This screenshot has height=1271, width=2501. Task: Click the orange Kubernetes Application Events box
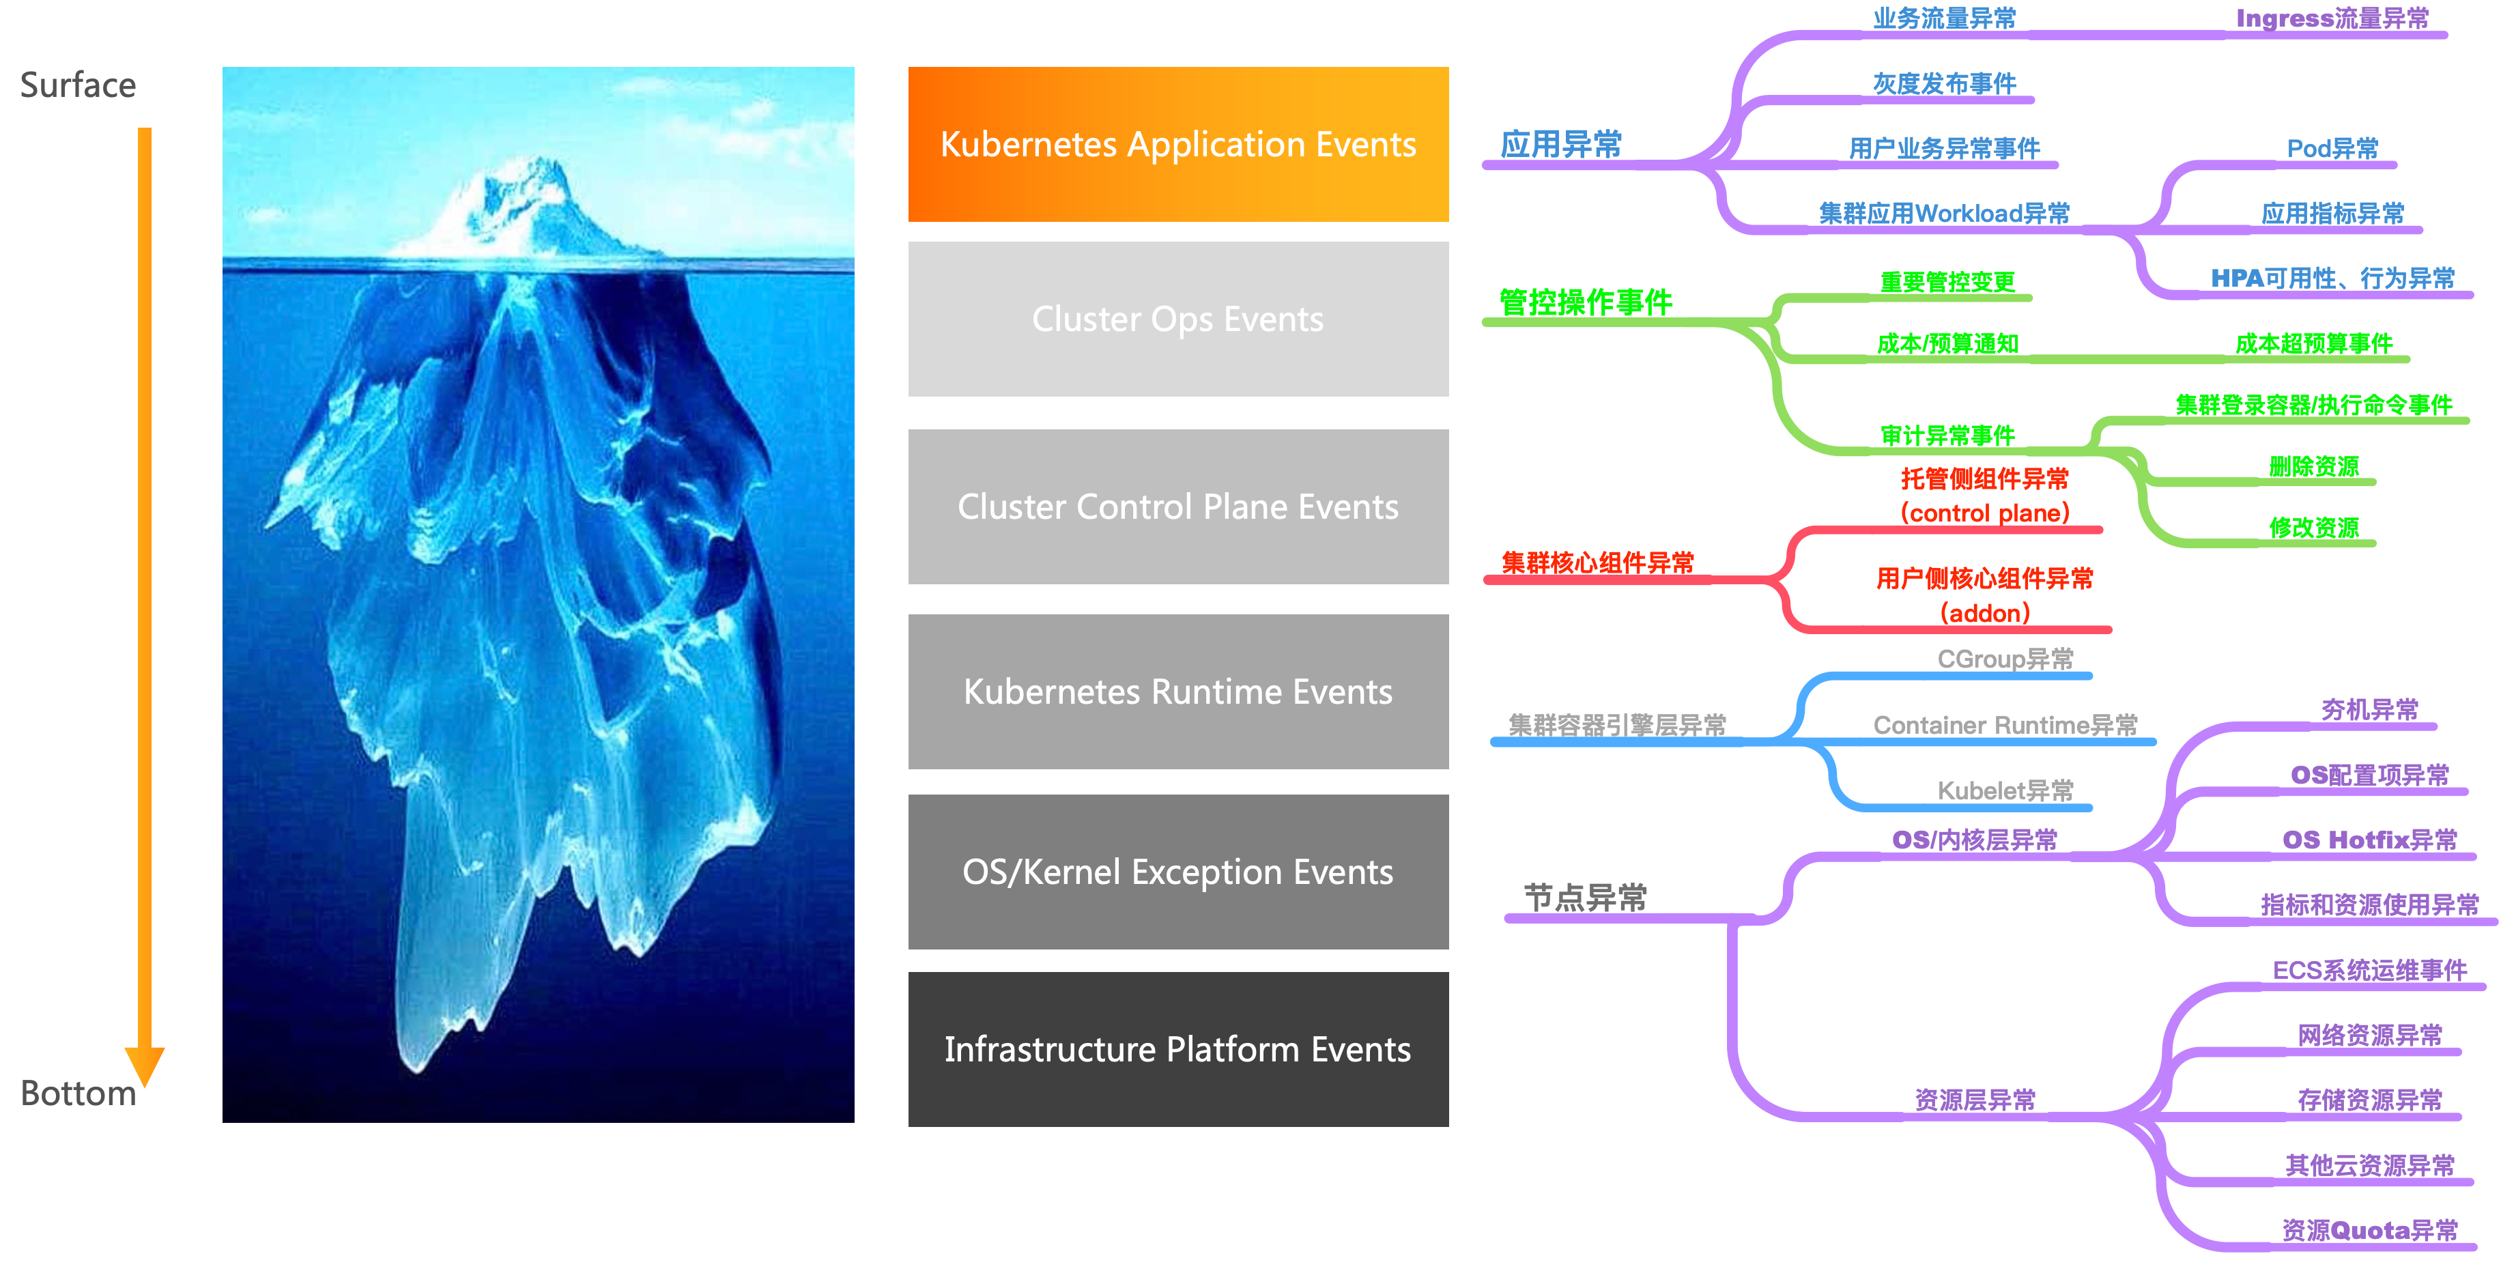[x=1177, y=144]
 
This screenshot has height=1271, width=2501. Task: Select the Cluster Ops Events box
[x=1177, y=319]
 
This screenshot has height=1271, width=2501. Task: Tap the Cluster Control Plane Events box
[x=1177, y=506]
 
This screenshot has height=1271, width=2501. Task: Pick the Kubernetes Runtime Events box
[x=1177, y=691]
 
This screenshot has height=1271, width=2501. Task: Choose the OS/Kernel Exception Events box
[x=1177, y=872]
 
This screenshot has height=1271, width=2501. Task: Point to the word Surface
[x=78, y=85]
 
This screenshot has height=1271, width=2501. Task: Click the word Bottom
[x=78, y=1094]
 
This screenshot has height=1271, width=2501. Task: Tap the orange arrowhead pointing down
[x=145, y=1065]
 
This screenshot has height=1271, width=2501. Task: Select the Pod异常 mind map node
[x=2332, y=149]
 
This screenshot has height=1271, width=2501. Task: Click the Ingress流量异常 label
[x=2332, y=18]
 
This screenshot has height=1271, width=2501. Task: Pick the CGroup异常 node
[x=2005, y=659]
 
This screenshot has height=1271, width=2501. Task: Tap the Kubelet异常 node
[x=2005, y=790]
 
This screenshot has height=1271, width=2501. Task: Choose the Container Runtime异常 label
[x=2005, y=726]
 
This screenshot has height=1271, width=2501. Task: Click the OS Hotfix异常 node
[x=2369, y=840]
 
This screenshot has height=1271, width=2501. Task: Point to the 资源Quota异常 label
[x=2369, y=1230]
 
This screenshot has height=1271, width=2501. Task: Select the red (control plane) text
[x=1984, y=513]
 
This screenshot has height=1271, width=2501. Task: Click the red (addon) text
[x=1984, y=613]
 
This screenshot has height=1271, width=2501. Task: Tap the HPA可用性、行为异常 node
[x=2332, y=279]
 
